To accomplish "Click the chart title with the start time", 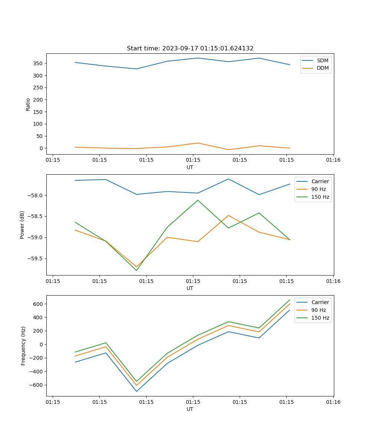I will [x=190, y=48].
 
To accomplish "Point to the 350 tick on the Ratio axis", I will [x=37, y=63].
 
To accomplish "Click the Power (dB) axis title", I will [x=22, y=225].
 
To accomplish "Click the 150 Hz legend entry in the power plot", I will [x=320, y=197].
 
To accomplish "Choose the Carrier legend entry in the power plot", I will [x=320, y=181].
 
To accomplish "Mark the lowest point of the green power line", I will [x=137, y=270].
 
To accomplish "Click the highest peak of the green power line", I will [x=198, y=200].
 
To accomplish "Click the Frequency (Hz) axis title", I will [x=23, y=346].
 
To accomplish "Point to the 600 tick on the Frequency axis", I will [x=38, y=304].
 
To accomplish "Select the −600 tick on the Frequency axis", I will [x=36, y=385].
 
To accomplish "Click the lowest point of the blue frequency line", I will [x=137, y=391].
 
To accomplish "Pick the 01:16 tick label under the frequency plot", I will [x=333, y=402].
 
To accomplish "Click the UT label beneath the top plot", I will [x=190, y=167].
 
